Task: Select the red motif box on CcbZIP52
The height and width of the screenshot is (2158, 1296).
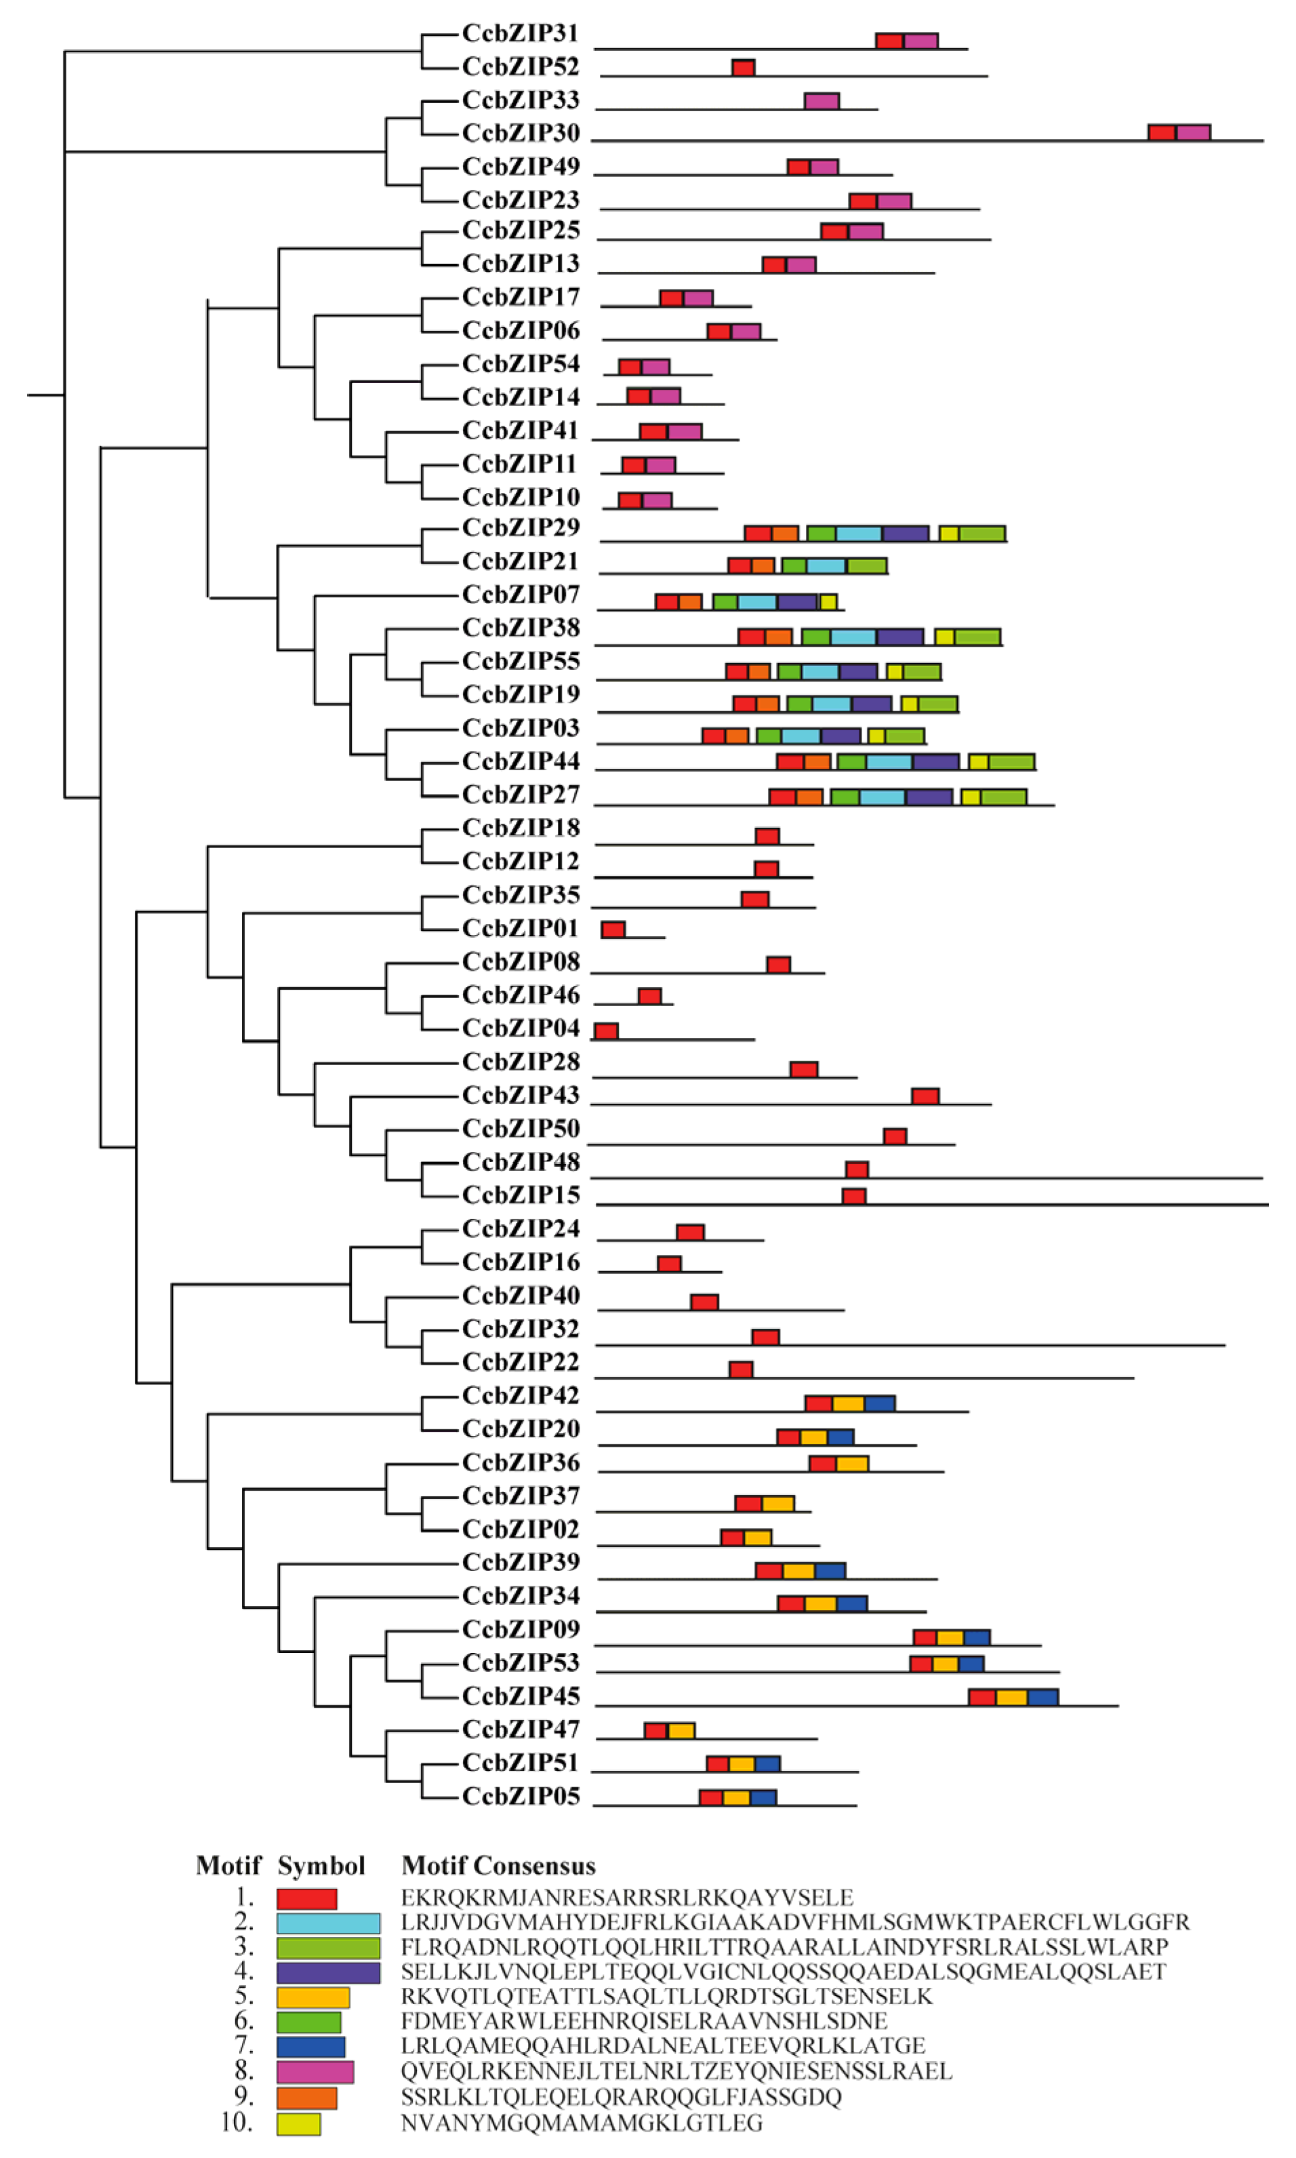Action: [742, 67]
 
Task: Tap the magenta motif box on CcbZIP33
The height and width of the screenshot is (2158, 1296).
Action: [821, 100]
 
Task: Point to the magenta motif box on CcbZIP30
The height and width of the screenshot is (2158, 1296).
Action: [1193, 132]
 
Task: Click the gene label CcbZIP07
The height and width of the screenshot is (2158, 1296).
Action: [521, 595]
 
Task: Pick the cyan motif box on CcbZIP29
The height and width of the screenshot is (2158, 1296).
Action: [859, 534]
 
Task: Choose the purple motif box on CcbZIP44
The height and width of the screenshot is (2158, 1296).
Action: [935, 761]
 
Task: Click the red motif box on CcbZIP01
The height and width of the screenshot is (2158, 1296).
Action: [613, 930]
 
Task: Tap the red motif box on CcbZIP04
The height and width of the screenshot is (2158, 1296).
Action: [606, 1031]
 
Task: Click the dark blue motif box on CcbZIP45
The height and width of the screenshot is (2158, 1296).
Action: [1042, 1697]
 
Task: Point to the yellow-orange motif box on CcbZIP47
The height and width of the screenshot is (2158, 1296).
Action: [681, 1730]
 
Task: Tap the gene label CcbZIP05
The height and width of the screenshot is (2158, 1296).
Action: [521, 1797]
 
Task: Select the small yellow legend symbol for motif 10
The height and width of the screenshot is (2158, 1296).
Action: [299, 2124]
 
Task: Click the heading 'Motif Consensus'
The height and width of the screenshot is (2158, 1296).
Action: [498, 1866]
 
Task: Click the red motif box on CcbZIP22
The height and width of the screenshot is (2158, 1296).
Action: [741, 1370]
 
